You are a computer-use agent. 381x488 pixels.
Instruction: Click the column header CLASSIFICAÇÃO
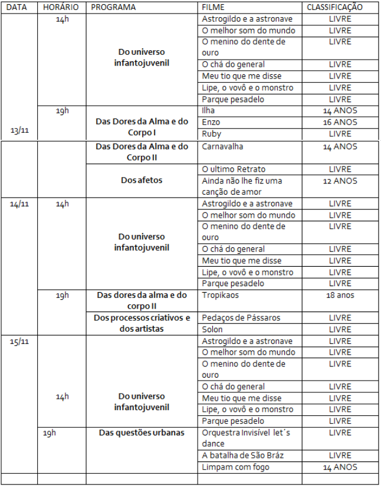point(334,8)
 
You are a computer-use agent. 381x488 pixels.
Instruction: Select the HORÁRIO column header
point(61,8)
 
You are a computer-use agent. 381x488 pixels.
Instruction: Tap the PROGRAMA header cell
point(113,8)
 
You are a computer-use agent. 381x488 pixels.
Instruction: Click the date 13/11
point(19,130)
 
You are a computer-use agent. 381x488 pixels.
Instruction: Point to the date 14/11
point(19,204)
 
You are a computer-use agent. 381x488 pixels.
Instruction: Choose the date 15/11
point(19,341)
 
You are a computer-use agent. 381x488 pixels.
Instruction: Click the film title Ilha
point(209,110)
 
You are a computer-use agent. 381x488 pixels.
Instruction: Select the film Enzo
point(211,122)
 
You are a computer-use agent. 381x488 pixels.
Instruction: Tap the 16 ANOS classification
point(340,122)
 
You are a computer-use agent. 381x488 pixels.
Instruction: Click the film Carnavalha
point(222,146)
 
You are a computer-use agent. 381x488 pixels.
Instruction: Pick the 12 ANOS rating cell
point(340,181)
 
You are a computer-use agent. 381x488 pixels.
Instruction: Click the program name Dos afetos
point(141,181)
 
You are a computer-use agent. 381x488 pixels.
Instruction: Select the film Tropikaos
point(221,294)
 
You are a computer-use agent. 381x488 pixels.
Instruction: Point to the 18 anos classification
point(340,294)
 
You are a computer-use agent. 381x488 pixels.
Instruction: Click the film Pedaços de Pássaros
point(241,318)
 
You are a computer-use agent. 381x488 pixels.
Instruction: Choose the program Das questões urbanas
point(142,433)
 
